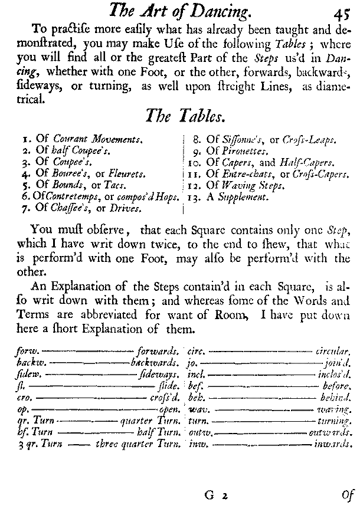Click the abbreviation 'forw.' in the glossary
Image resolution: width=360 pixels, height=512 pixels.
[x=28, y=350]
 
